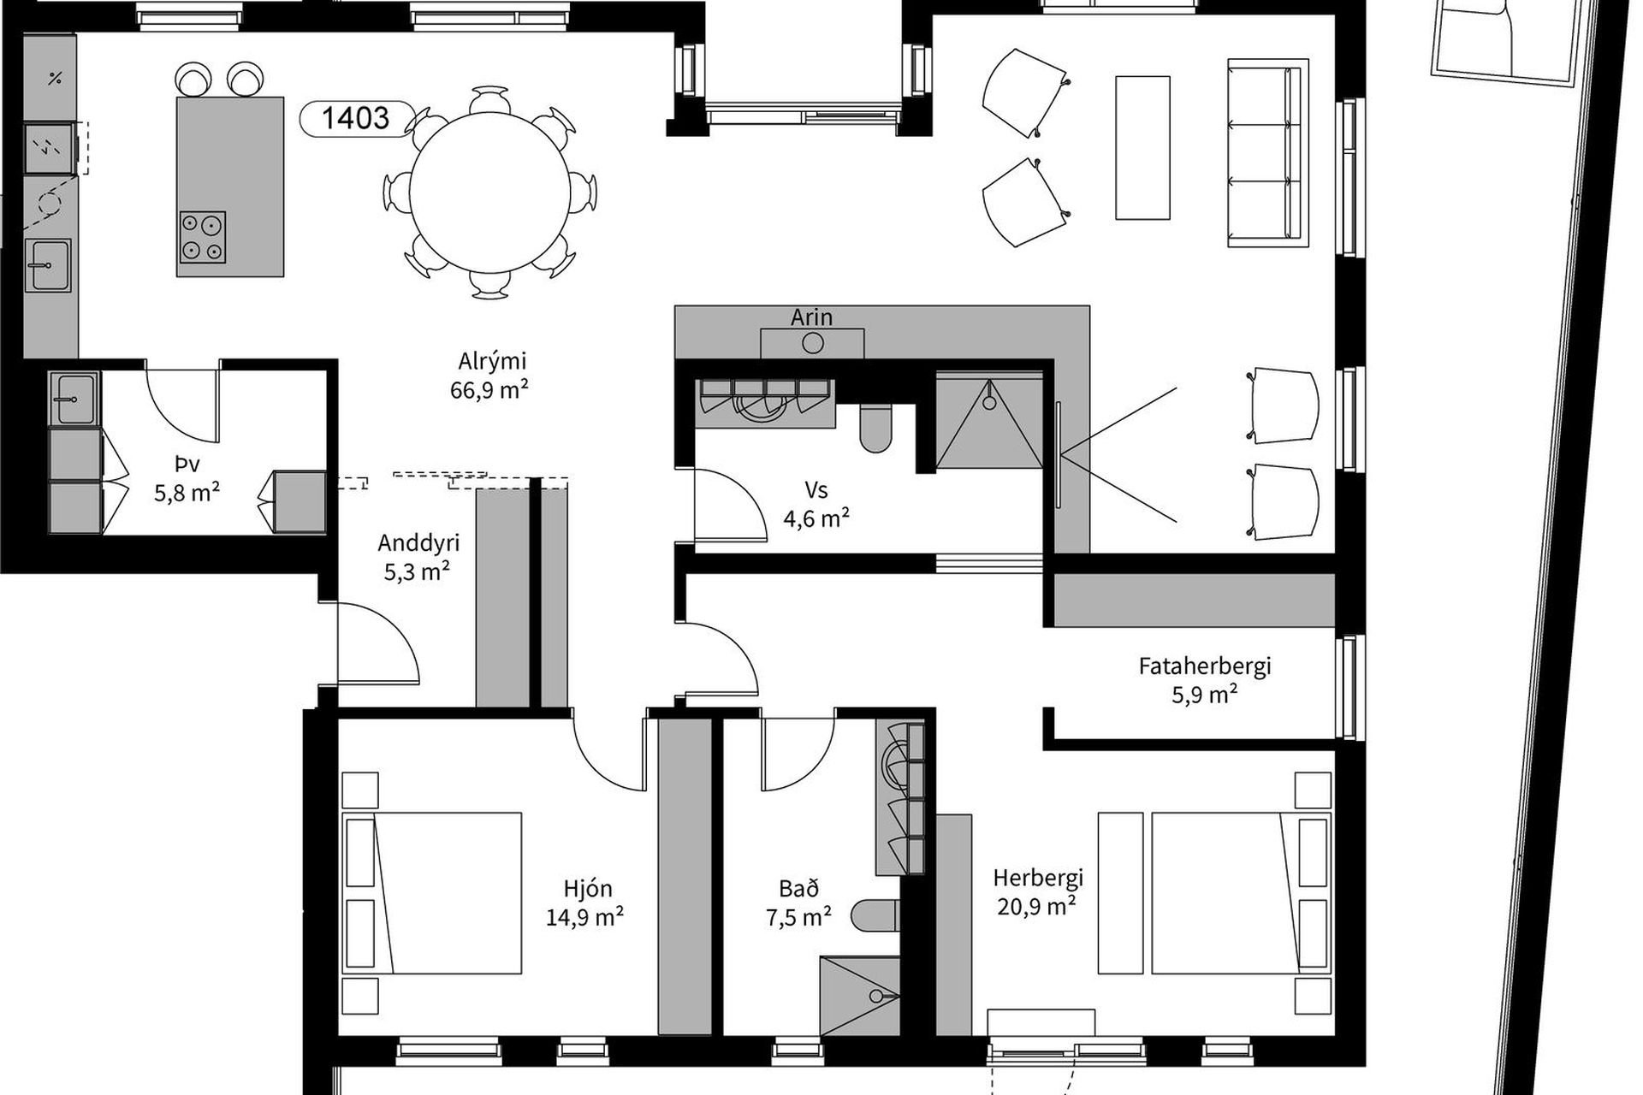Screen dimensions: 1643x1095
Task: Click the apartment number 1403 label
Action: click(x=356, y=117)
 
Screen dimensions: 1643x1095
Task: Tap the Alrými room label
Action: click(x=492, y=362)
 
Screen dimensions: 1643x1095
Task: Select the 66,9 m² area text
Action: click(x=489, y=390)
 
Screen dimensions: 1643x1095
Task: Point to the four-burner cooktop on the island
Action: click(x=203, y=237)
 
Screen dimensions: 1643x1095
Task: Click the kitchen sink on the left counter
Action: click(x=48, y=265)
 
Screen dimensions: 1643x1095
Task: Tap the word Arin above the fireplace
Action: click(x=811, y=317)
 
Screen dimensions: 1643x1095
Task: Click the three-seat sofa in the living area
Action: click(x=1268, y=153)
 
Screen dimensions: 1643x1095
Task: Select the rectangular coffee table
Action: click(x=1142, y=148)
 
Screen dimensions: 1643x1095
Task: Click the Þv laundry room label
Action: click(x=187, y=465)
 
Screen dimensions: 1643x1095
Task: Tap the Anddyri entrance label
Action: click(x=418, y=543)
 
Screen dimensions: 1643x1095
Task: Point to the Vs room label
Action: click(x=816, y=491)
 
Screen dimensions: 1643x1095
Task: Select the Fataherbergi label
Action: click(x=1205, y=666)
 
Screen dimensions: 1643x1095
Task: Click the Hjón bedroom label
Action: click(x=588, y=889)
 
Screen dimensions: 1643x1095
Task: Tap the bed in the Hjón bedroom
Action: click(x=432, y=893)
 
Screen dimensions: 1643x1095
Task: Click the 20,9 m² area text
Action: click(x=1036, y=905)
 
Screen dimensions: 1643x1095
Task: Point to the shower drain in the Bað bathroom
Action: click(x=876, y=997)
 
